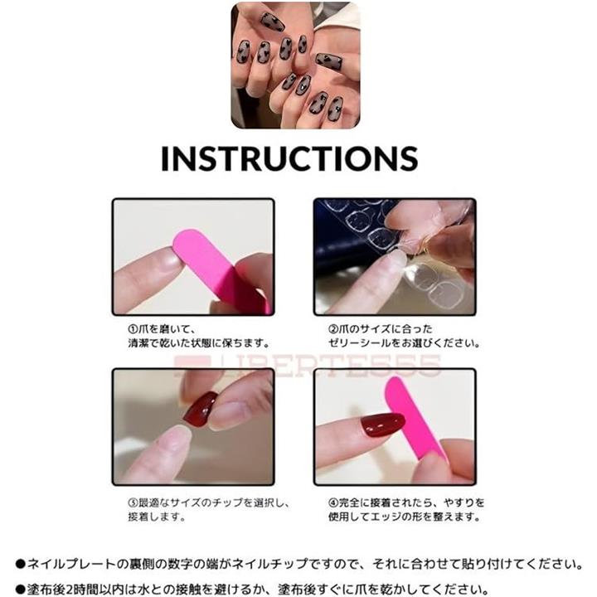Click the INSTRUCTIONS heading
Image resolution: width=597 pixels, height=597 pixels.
point(289,158)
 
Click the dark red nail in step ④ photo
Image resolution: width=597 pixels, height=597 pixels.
point(382,425)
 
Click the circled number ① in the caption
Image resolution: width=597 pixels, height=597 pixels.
point(133,329)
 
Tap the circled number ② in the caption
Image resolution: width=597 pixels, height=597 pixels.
point(333,329)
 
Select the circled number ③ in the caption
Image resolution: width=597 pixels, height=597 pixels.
point(133,502)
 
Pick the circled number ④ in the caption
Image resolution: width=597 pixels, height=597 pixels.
point(333,502)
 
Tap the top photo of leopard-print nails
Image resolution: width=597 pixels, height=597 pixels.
point(295,66)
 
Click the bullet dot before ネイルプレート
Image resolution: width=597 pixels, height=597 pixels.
point(20,565)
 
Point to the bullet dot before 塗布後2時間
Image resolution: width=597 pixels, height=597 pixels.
point(20,590)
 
